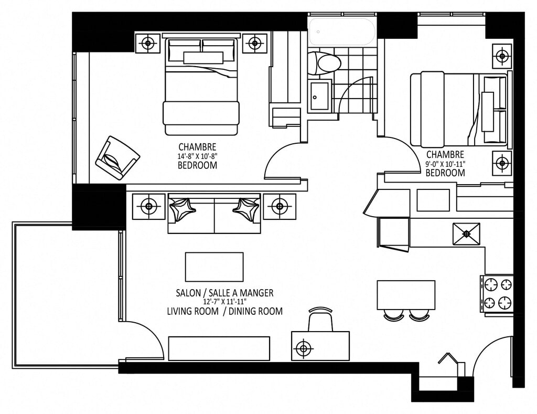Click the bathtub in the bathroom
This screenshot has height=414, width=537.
pos(342,31)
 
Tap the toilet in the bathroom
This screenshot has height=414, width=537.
pos(325,63)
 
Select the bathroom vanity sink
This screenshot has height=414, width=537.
pos(320,96)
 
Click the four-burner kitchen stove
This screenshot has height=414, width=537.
pos(497,294)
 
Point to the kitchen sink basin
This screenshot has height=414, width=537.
pos(466,233)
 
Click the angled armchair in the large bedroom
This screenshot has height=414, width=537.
pos(117,157)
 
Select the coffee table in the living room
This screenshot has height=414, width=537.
pos(214,267)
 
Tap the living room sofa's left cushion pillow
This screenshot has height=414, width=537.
pos(182,208)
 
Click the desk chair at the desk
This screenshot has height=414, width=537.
pos(320,319)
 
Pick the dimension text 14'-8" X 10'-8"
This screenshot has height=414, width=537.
pos(198,156)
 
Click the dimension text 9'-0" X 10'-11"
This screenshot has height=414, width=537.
pos(445,164)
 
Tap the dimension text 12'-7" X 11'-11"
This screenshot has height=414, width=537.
pos(224,302)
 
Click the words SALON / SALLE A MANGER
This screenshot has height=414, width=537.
pos(224,293)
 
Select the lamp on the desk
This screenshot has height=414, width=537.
pos(304,349)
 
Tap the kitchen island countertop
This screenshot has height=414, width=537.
pos(406,295)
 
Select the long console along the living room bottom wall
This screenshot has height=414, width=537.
pos(219,348)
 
